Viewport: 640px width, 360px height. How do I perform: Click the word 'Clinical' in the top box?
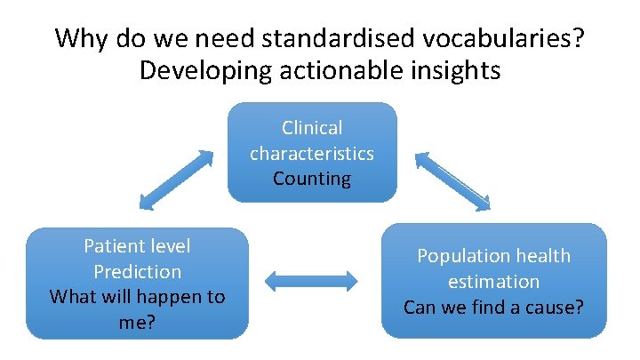tap(312, 128)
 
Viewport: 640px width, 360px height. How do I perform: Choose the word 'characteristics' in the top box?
tap(312, 153)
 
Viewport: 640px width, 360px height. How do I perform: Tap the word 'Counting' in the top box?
tap(312, 178)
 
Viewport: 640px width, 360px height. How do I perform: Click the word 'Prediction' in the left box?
tap(137, 271)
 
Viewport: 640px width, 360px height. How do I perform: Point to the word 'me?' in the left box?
tap(137, 322)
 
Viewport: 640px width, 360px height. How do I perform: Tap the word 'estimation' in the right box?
tap(494, 282)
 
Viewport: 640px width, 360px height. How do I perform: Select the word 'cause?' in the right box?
tap(555, 308)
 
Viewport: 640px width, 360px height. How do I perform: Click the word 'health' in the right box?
tap(541, 256)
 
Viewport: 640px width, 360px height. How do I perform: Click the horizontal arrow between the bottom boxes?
tap(311, 283)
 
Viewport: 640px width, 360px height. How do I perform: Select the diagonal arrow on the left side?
tap(174, 180)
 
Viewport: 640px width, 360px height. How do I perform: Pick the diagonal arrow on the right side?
tap(453, 180)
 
